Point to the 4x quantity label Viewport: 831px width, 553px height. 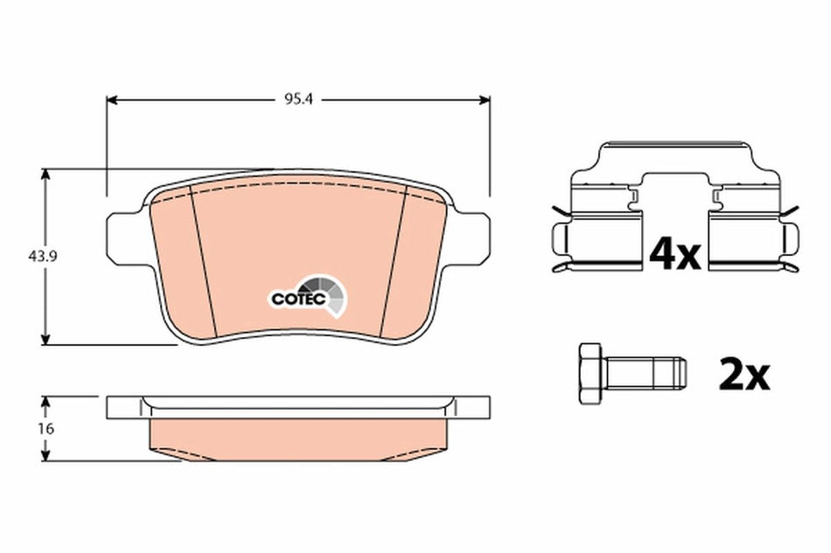tap(674, 253)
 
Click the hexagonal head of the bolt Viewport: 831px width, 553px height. tap(591, 374)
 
